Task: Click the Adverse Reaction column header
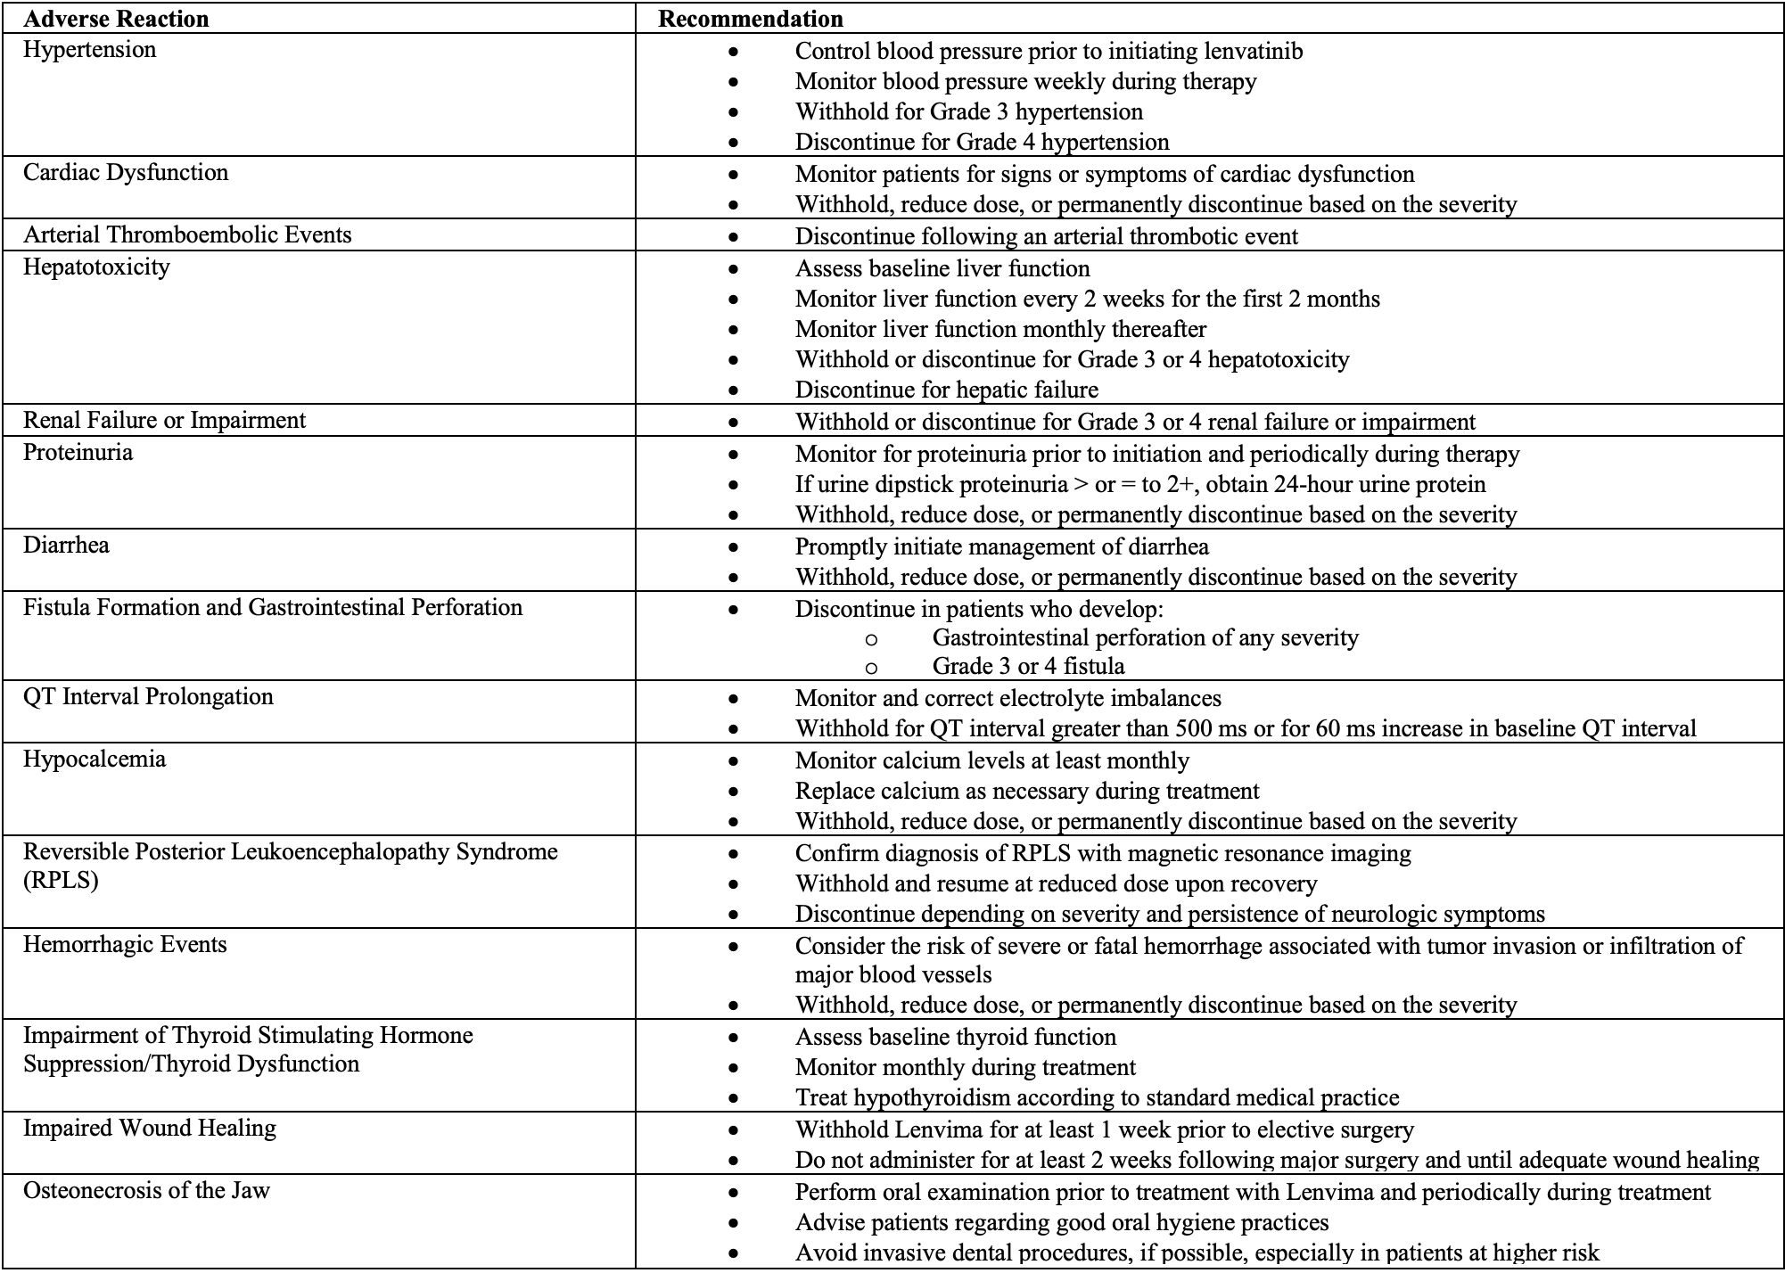(116, 19)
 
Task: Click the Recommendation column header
(750, 19)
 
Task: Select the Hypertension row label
(89, 49)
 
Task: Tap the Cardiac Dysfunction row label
(126, 172)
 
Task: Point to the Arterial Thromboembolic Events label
(187, 234)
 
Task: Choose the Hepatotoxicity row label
(96, 267)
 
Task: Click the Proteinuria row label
(78, 452)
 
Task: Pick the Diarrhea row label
(66, 545)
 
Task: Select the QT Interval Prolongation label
(148, 696)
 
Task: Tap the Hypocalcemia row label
(95, 759)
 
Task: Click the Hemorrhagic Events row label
(125, 944)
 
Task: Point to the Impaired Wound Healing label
(150, 1128)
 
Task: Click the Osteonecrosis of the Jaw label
(146, 1190)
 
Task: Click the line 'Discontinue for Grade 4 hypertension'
(982, 142)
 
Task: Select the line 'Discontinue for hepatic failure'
(946, 390)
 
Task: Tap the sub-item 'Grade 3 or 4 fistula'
(1028, 666)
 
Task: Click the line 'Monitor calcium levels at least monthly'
(991, 760)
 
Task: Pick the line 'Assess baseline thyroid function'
(955, 1037)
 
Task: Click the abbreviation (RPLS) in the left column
(61, 880)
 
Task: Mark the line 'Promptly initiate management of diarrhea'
(1001, 546)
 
